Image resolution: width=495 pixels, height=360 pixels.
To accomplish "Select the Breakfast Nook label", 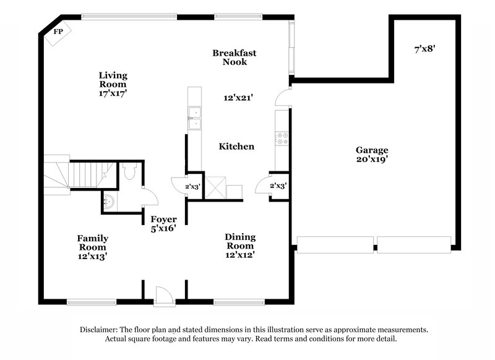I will [x=234, y=58].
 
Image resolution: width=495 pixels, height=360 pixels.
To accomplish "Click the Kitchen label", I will [x=236, y=147].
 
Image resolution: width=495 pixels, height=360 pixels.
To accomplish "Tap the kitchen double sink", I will [x=196, y=119].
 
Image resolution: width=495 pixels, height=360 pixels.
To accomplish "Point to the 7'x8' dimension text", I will [x=425, y=48].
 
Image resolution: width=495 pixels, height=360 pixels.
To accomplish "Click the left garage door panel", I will [x=335, y=244].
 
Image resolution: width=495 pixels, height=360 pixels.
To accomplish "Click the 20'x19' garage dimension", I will [x=372, y=160].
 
